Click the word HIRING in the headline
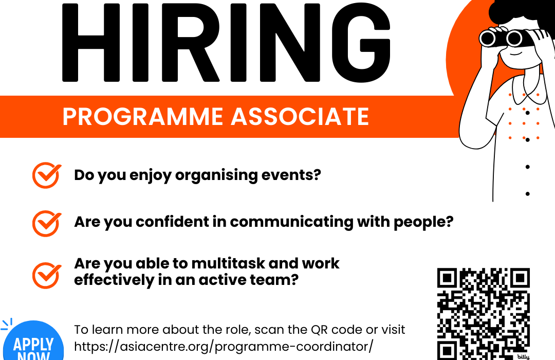[x=226, y=43]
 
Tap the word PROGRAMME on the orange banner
[x=143, y=117]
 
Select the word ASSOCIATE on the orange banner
[x=300, y=117]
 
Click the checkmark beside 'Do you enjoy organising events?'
[x=46, y=175]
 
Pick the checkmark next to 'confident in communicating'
[x=46, y=224]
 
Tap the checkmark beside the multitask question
[x=46, y=275]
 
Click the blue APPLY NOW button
[x=33, y=342]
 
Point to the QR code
[x=484, y=314]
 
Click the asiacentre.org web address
[x=224, y=347]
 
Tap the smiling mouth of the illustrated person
[x=515, y=53]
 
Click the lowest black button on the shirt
[x=527, y=194]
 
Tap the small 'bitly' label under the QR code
[x=523, y=357]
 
